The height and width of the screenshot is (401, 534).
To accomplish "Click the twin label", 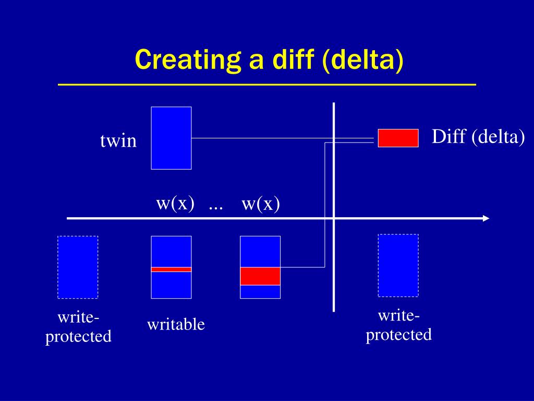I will point(118,141).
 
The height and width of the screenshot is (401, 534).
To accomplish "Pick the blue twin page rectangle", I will point(171,138).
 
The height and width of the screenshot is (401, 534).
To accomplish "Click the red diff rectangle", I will point(398,138).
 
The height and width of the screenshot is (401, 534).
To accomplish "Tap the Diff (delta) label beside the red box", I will point(478,137).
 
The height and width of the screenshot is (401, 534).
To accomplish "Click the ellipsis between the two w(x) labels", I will point(215,206).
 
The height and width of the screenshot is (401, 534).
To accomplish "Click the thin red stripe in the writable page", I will point(171,269).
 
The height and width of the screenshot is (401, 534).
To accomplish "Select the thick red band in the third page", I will point(260,276).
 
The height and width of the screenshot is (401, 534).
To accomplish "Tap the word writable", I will point(176,325).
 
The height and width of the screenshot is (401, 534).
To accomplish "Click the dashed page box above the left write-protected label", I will point(78,267).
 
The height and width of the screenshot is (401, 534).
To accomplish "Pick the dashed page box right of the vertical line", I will point(398,265).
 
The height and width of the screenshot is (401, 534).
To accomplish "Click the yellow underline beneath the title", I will point(266,84).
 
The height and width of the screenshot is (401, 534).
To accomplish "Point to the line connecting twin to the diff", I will point(282,138).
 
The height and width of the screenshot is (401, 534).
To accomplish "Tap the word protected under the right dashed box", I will point(398,334).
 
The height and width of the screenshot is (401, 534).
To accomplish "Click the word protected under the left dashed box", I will point(78,336).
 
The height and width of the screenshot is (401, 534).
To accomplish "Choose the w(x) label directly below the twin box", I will point(175,203).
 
